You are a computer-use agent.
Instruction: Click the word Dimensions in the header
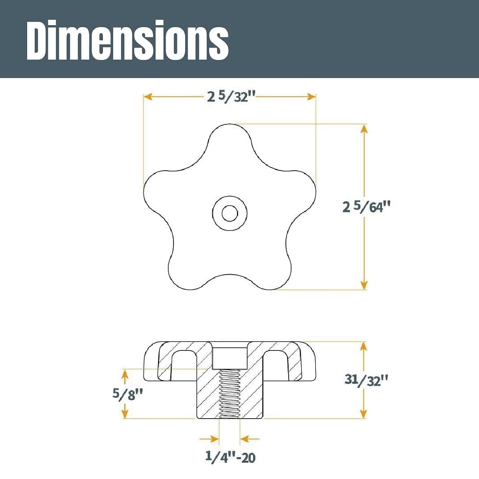pos(128,40)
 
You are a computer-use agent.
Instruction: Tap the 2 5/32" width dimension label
pos(231,97)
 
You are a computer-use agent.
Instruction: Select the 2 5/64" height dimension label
pos(366,207)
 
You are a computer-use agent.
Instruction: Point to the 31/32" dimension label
pos(366,380)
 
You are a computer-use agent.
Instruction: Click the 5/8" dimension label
pos(128,394)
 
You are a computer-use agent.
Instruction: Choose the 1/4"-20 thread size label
pos(230,457)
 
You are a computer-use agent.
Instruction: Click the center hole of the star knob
pos(230,213)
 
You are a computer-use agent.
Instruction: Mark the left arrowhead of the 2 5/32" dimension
pos(148,97)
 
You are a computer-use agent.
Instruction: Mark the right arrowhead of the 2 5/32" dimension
pos(311,97)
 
